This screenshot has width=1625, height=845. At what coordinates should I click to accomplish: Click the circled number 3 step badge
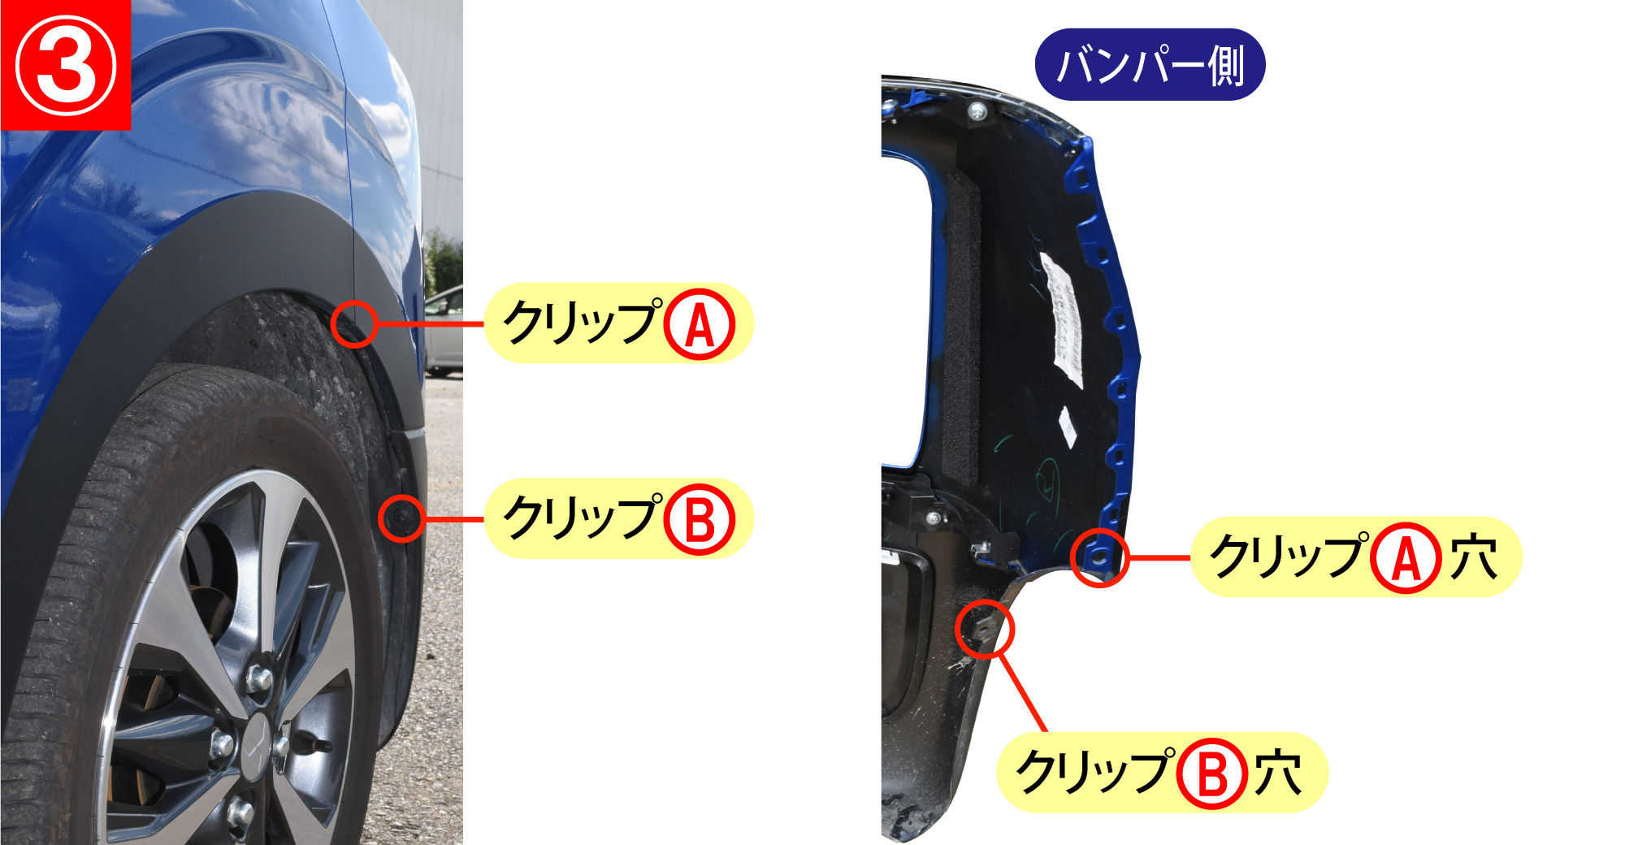coord(66,65)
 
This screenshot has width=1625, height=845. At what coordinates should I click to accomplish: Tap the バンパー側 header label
coord(1150,65)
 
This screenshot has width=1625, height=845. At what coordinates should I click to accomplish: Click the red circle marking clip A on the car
coord(354,323)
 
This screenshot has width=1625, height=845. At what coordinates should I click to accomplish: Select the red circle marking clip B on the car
coord(402,518)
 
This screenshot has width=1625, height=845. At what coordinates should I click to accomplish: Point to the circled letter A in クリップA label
coord(700,323)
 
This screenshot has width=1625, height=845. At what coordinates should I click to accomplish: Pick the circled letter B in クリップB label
coord(700,519)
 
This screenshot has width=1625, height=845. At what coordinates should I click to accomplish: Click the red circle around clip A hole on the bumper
coord(1099,557)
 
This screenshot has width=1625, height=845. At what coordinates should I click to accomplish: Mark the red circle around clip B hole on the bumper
coord(985,629)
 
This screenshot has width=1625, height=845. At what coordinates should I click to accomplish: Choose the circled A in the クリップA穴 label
coord(1406,557)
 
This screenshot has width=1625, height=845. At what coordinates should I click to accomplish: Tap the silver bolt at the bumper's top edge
coord(977,110)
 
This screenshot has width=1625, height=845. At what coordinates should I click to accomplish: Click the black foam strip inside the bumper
coord(961,325)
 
